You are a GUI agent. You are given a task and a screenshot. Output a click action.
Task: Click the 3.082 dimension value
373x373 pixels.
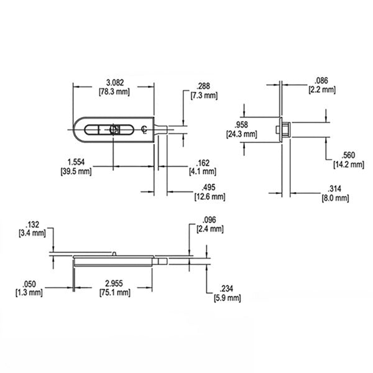click(x=114, y=82)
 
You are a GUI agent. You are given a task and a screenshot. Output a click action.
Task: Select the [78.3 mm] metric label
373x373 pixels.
click(x=114, y=91)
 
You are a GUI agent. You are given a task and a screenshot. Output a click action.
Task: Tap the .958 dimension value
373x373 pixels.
click(x=241, y=124)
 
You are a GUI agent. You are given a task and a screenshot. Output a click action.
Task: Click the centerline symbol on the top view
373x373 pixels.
click(x=144, y=129)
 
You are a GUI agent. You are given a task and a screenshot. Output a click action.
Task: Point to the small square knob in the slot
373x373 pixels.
click(x=114, y=129)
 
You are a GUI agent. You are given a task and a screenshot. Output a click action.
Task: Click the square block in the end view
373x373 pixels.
click(x=282, y=129)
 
